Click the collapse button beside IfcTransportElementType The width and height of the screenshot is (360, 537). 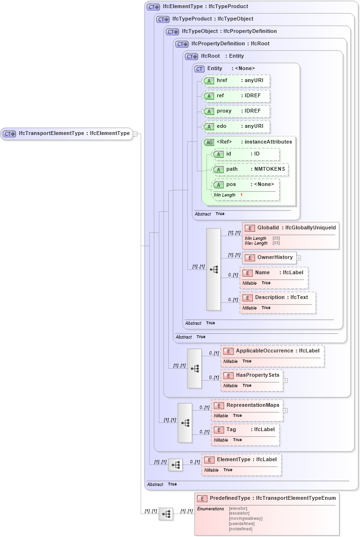coord(135,134)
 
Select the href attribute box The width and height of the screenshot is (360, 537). coord(236,81)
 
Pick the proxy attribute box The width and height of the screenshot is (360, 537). coord(236,111)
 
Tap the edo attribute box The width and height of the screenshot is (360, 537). coord(236,126)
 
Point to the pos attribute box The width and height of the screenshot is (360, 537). coord(245,185)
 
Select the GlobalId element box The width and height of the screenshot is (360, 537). coord(290,228)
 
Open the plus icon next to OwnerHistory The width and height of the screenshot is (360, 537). coord(298,258)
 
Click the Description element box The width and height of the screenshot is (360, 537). coord(278,298)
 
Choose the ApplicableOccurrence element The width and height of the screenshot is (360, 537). coord(272,351)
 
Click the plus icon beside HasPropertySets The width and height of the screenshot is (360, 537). coord(285,381)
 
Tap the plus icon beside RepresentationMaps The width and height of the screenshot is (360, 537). coord(285,410)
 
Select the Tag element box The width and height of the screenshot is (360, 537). coord(245,430)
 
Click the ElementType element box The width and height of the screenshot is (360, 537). coord(241,460)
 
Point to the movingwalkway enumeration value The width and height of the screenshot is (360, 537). coord(246,518)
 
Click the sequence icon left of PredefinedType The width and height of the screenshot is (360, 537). coord(166,514)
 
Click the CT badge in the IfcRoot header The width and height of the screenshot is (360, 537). coord(192,56)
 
